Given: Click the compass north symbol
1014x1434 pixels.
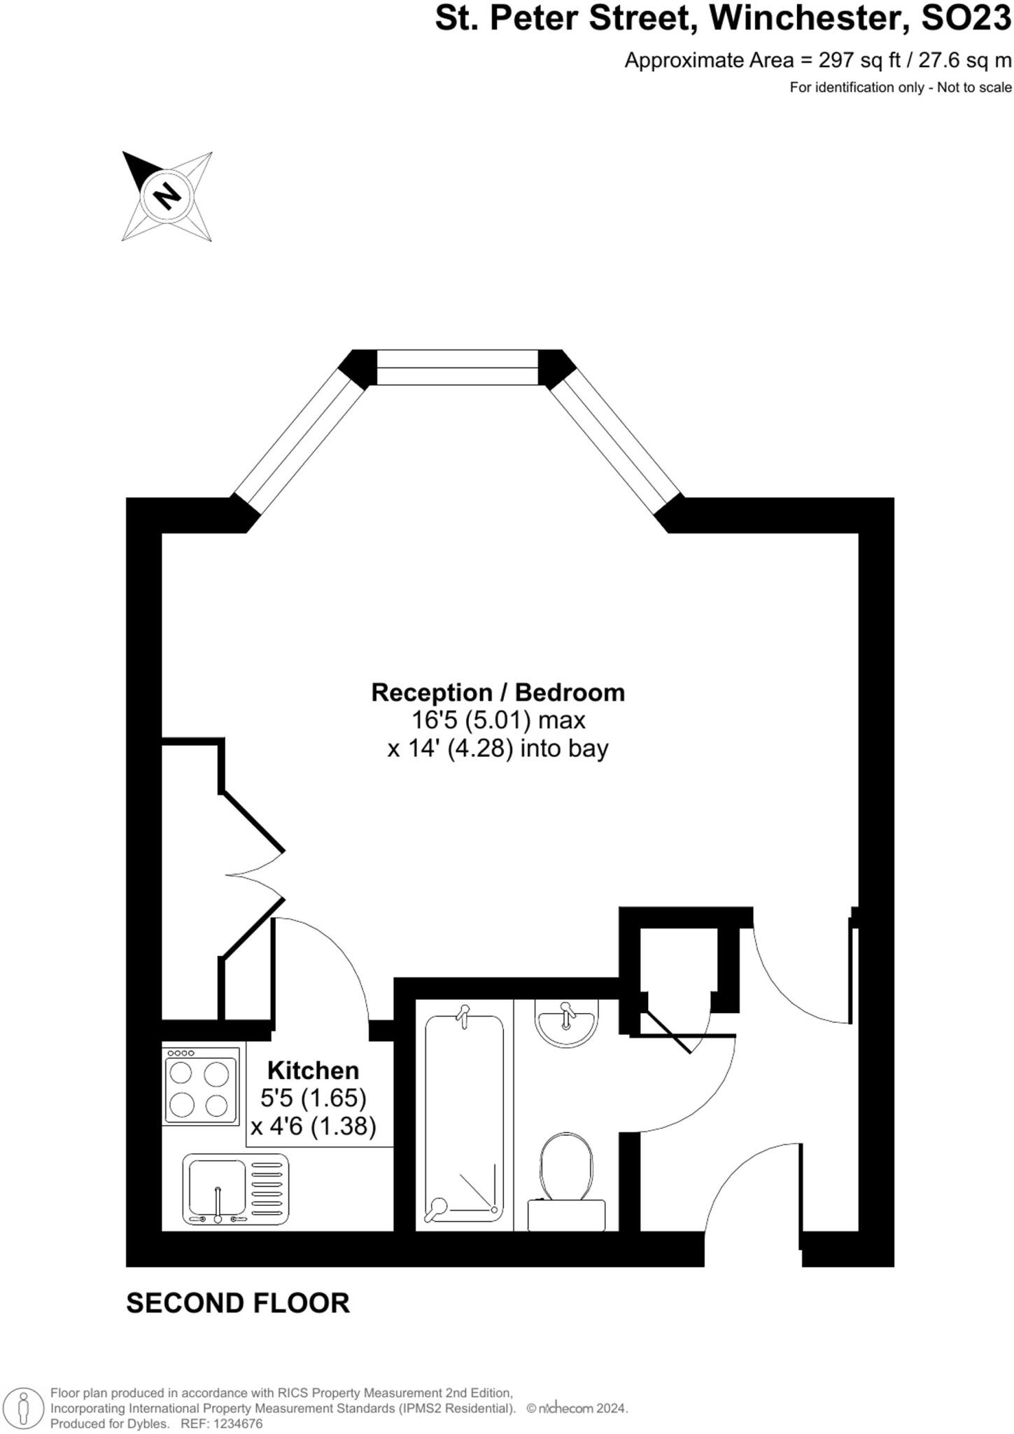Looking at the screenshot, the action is coord(167,195).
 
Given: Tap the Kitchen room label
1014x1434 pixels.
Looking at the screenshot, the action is coord(313,1070).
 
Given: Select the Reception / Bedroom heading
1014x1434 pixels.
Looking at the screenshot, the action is coord(498,692).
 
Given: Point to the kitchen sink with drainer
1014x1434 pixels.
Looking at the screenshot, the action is coord(235,1189).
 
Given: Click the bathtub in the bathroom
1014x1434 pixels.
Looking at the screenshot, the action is coord(464,1118).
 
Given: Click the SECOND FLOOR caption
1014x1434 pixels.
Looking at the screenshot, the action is coord(237,1304).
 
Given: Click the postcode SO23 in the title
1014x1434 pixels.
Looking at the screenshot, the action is coord(966,19).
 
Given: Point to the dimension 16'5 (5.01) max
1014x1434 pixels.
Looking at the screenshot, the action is coord(498,720).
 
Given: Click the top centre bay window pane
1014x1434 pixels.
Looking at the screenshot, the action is coord(458,367).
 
